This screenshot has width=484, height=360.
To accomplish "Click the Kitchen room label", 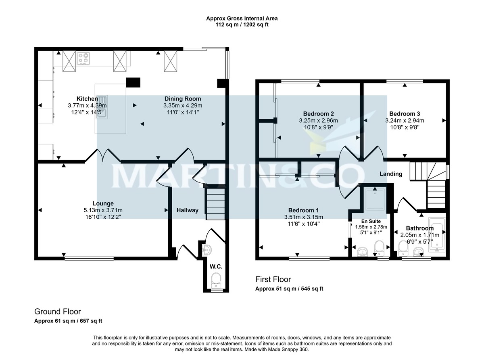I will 87,99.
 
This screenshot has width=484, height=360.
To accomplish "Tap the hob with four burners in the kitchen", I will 83,59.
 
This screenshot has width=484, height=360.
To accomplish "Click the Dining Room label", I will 182,99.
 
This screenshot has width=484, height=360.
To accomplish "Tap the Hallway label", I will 188,210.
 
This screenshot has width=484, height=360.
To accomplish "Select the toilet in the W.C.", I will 217,280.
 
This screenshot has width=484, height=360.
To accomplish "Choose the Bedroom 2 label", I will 318,114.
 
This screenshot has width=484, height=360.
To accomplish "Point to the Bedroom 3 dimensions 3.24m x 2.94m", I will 405,120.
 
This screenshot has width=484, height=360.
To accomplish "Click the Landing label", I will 391,174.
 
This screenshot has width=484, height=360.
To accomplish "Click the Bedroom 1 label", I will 303,210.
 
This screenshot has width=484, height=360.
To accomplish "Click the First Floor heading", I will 273,279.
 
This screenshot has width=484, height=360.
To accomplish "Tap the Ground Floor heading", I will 57,312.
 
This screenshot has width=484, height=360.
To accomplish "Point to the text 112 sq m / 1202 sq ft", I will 242,25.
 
